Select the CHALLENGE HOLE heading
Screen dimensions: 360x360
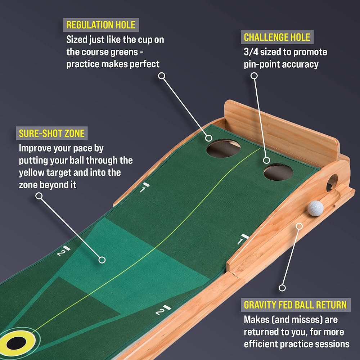click(277, 37)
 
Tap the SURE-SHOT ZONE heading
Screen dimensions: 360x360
click(51, 134)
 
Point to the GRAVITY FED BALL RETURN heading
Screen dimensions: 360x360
click(295, 305)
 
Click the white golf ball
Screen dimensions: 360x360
click(316, 208)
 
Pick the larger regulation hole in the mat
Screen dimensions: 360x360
click(224, 148)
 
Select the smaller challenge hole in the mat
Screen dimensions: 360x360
click(278, 172)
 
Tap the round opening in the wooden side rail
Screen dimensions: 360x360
click(332, 182)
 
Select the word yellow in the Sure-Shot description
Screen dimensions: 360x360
click(32, 172)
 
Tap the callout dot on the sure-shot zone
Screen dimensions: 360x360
click(102, 260)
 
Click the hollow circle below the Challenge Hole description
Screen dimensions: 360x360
click(254, 76)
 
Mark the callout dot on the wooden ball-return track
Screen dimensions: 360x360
click(298, 226)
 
